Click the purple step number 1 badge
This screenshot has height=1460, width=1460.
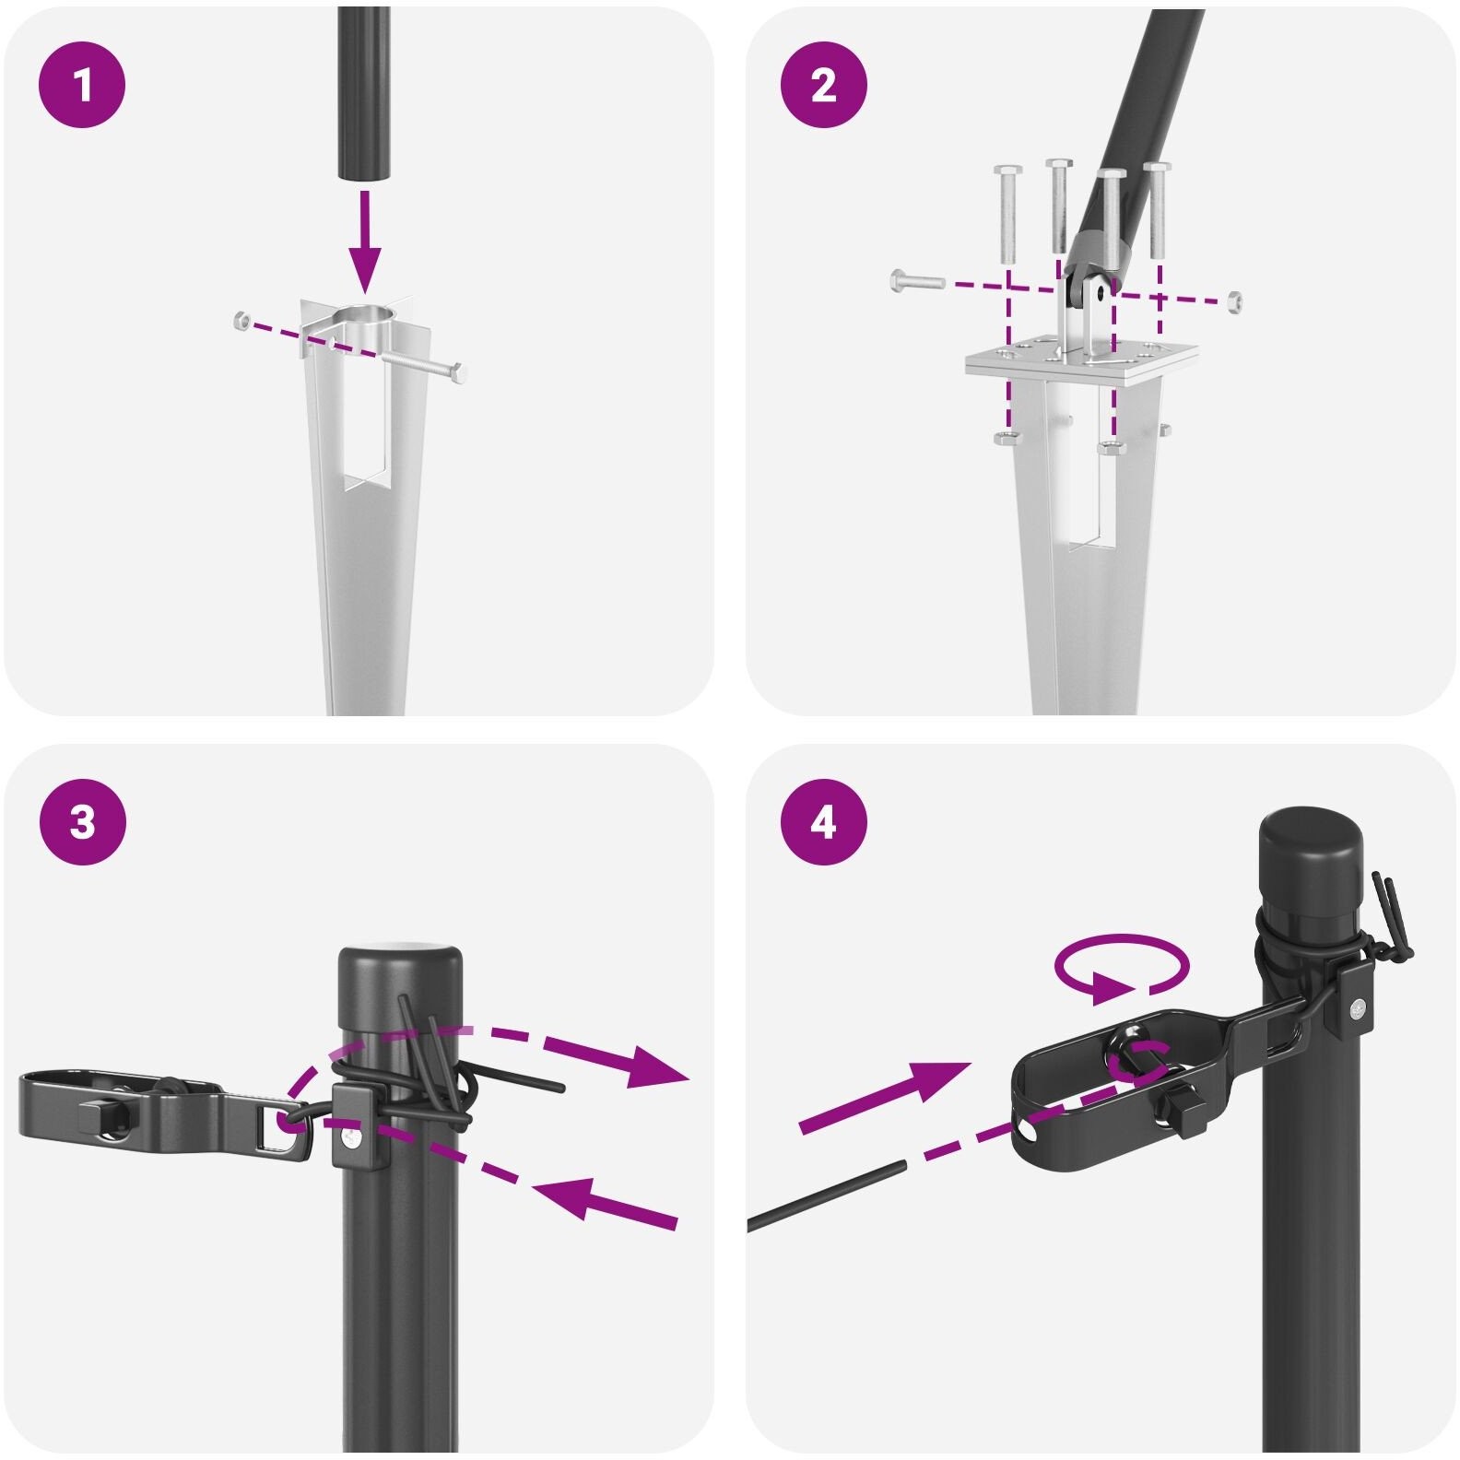(82, 86)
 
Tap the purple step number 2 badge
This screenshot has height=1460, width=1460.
(823, 86)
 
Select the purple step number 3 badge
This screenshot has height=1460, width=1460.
(82, 821)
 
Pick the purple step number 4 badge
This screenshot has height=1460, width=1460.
(823, 821)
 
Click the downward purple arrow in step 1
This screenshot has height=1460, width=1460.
(367, 242)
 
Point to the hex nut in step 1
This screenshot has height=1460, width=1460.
(241, 321)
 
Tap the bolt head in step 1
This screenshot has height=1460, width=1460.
(458, 373)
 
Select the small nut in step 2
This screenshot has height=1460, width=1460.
(1233, 300)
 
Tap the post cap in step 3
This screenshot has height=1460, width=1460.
(400, 987)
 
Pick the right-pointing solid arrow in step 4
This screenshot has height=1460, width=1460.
(884, 1098)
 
